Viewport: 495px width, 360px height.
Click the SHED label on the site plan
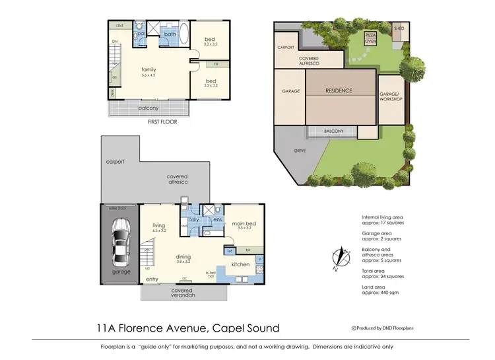(399, 29)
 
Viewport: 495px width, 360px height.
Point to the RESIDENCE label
(339, 90)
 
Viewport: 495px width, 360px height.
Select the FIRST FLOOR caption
(162, 122)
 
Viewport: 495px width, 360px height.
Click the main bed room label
(244, 224)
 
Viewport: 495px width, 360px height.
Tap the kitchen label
(240, 265)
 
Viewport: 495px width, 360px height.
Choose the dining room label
(184, 257)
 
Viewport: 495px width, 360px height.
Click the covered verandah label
(181, 293)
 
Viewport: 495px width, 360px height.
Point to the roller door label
(117, 208)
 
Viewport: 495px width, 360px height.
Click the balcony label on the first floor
(148, 108)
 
